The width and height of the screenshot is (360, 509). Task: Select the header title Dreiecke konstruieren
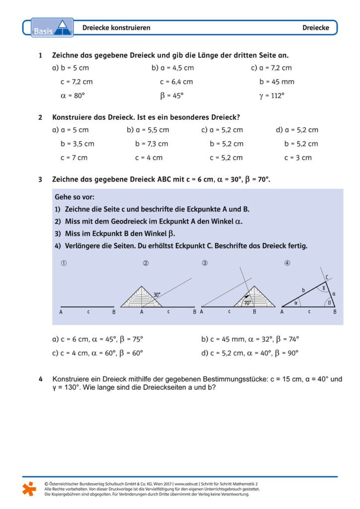click(116, 28)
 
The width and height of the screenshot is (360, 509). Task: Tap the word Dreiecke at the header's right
click(316, 28)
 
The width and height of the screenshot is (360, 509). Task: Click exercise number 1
click(40, 55)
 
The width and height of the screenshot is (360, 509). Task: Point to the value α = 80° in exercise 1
click(72, 95)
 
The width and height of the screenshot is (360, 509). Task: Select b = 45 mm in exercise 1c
click(276, 82)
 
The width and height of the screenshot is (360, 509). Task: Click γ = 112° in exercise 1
click(271, 95)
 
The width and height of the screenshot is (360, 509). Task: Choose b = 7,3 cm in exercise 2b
click(151, 144)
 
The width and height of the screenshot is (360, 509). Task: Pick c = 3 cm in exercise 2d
click(298, 158)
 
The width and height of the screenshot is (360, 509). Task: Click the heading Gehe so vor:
click(75, 197)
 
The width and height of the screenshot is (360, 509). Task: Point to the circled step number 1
click(63, 263)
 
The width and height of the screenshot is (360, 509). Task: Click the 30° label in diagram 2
click(157, 295)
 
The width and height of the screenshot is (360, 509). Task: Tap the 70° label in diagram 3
click(247, 302)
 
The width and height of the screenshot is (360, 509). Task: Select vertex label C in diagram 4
click(327, 277)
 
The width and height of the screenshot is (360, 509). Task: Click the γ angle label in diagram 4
click(325, 287)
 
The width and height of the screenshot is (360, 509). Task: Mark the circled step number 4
click(287, 263)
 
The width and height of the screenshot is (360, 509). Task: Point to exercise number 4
click(40, 379)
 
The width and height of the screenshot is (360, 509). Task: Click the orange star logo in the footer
click(29, 489)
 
